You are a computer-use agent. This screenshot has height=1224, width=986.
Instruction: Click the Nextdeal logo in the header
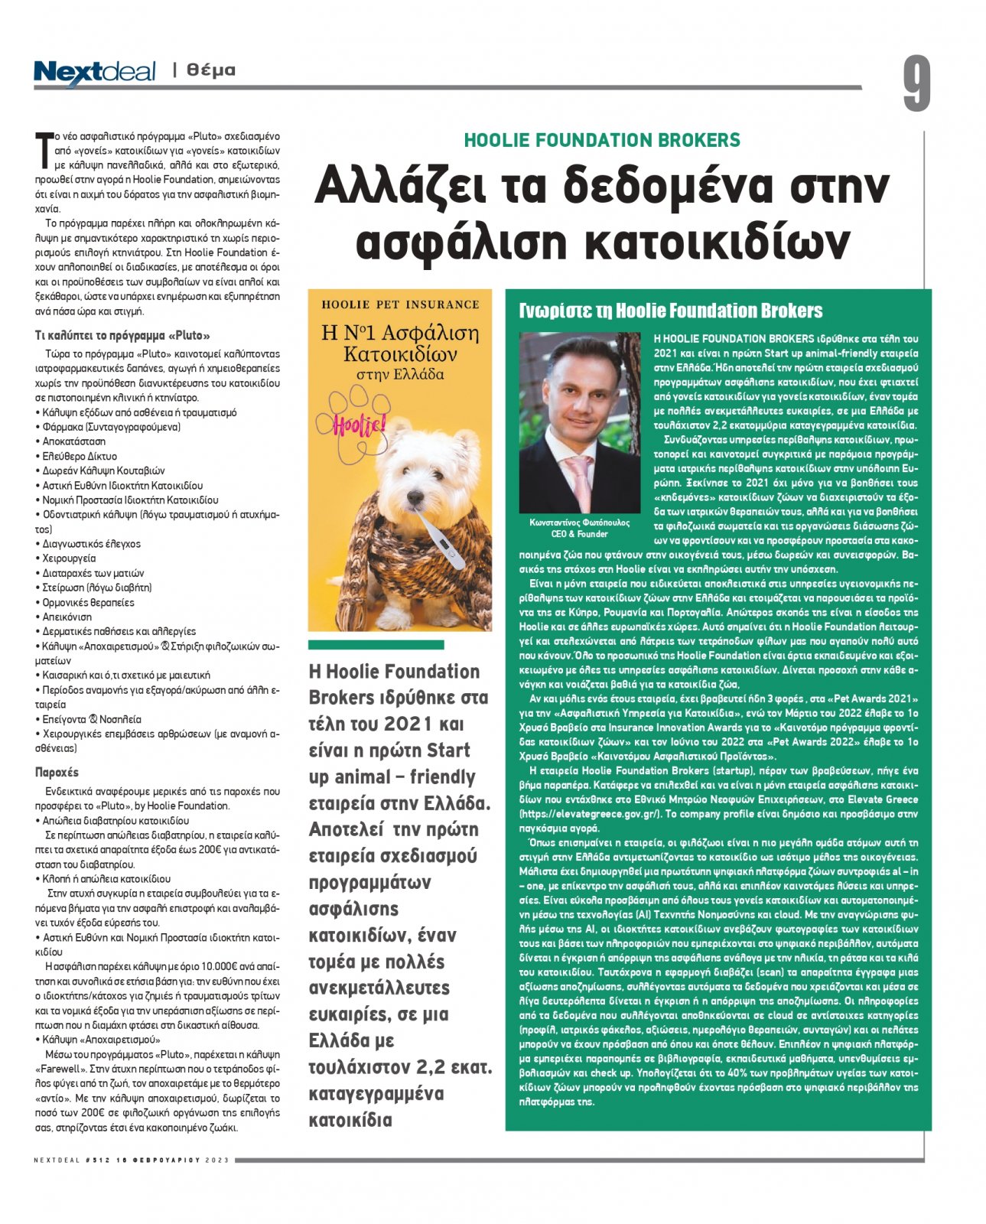point(94,71)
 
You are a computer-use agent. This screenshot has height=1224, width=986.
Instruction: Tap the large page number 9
point(916,83)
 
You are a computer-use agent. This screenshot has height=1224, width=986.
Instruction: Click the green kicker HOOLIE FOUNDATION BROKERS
point(602,141)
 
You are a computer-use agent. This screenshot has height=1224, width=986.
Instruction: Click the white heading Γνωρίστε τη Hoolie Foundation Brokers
point(671,311)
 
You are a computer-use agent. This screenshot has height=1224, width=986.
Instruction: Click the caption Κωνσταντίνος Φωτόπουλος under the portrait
point(579,523)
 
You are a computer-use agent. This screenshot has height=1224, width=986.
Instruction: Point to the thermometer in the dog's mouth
point(438,541)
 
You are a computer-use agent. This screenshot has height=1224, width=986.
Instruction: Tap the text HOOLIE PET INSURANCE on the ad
point(400,304)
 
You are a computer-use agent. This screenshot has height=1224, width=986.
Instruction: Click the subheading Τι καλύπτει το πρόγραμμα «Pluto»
point(122,335)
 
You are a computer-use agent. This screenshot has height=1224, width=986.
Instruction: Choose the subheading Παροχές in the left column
point(57,772)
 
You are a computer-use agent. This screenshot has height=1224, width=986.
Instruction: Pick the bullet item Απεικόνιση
point(67,617)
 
